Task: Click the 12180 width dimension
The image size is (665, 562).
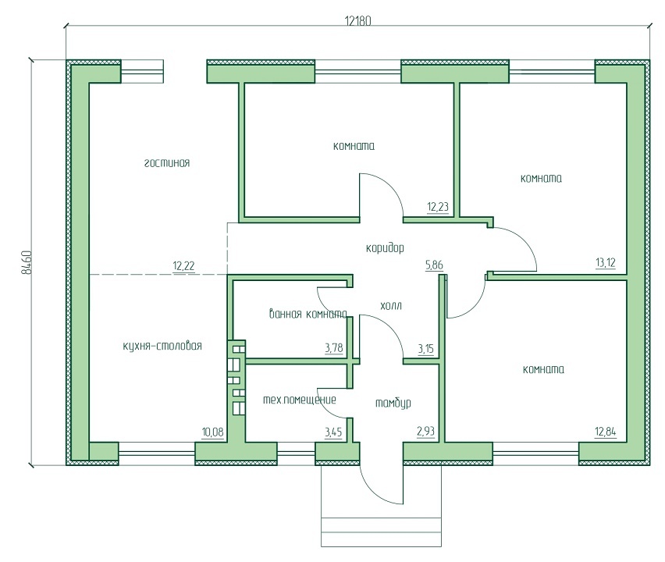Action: point(358,21)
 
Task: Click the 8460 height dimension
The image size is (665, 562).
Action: point(27,262)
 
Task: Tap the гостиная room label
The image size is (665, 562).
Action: point(167,163)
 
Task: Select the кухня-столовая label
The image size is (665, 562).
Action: point(162,346)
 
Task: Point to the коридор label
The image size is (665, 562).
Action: point(385,247)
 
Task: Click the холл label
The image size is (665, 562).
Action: point(391,306)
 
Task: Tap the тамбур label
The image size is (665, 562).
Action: point(393,403)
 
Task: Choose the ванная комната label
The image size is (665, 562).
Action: point(308,314)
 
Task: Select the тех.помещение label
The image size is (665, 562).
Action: point(300,400)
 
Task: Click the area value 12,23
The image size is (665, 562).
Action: point(438,207)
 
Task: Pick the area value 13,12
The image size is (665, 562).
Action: point(605,263)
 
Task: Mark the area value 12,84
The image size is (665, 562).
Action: point(605,432)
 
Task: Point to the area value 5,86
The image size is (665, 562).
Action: point(434,265)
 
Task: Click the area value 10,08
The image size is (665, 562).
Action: point(212,432)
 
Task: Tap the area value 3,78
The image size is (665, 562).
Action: point(334,348)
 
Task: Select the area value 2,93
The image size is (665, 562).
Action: point(426,432)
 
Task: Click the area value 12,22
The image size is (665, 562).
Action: point(183,266)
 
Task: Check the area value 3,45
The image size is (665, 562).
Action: point(333,432)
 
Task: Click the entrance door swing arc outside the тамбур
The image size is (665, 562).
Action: point(372,492)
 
